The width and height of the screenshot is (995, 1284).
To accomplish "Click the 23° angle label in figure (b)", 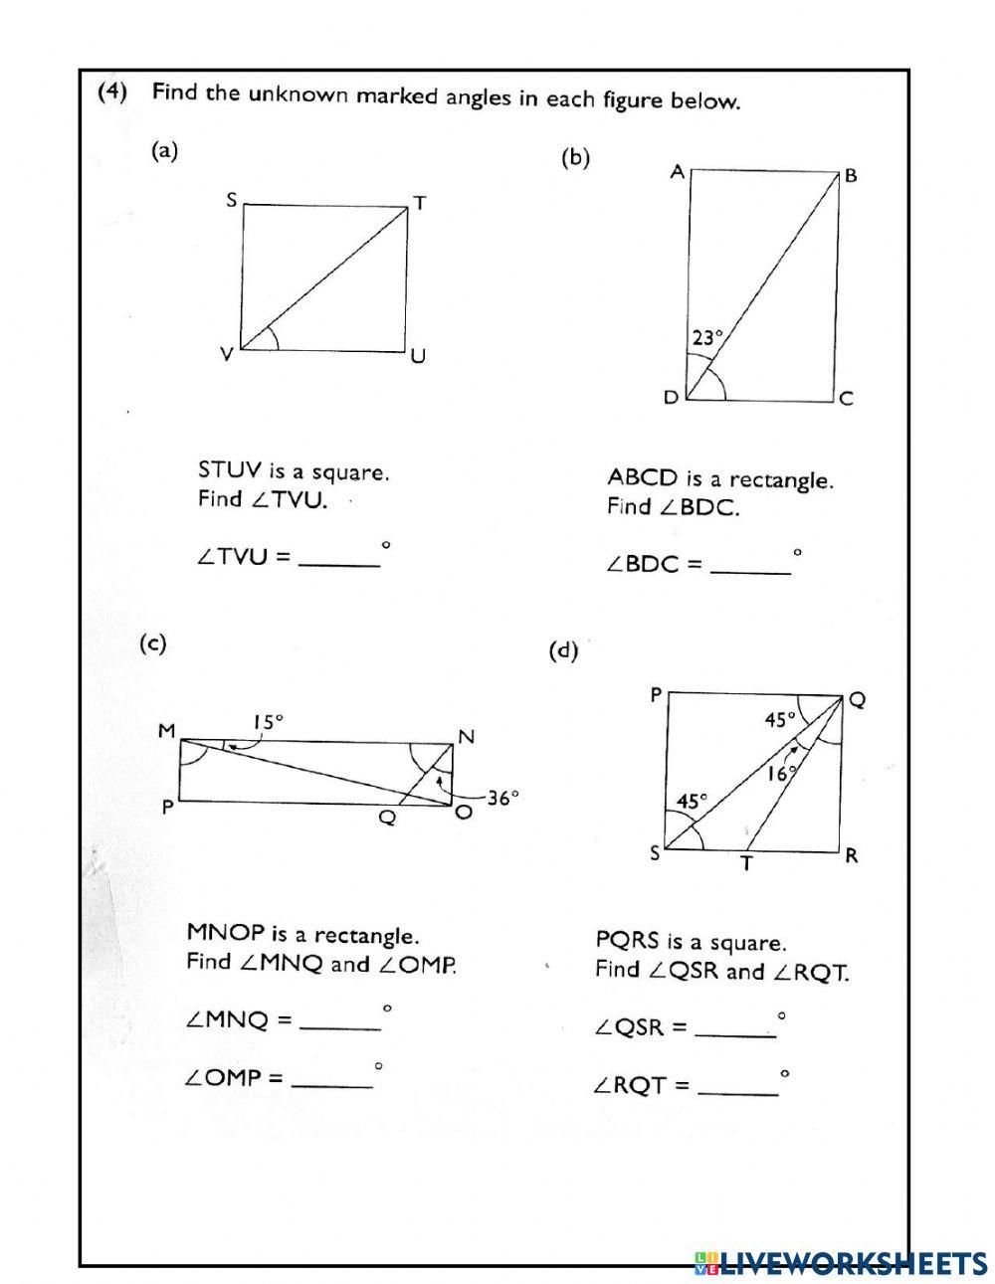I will click(705, 338).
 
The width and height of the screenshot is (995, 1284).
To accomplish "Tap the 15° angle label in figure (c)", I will click(268, 722).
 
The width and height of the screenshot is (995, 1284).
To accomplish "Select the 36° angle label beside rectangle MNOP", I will click(503, 797).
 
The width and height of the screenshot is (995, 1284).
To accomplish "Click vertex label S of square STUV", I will click(231, 201).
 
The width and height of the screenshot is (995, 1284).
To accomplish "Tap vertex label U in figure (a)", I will click(418, 355).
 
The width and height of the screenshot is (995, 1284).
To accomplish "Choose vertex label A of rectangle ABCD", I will click(677, 172).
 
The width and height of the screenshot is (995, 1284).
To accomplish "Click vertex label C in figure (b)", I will click(846, 399).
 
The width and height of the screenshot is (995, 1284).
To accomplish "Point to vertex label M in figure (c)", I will click(166, 732).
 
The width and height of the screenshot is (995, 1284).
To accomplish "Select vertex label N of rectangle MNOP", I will click(466, 737).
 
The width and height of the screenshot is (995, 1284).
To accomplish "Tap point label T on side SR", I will click(746, 864).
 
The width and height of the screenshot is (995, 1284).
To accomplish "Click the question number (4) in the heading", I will click(112, 92).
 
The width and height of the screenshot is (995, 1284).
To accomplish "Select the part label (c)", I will click(151, 644).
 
